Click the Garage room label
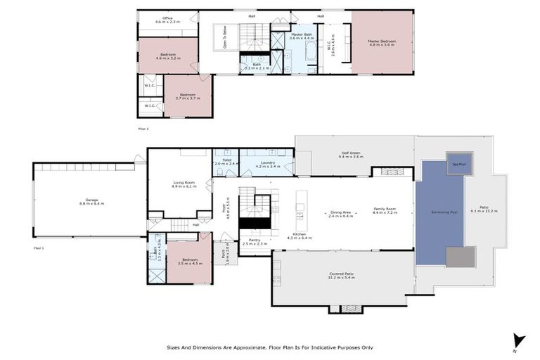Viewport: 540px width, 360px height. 92,200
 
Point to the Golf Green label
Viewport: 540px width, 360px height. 351,153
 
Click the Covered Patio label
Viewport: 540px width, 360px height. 341,274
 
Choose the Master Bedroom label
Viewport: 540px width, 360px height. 382,41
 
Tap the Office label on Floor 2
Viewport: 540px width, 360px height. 167,18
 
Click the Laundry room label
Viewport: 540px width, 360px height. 267,163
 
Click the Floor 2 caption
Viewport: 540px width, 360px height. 143,129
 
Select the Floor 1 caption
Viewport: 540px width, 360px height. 39,248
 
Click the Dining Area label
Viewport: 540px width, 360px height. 341,212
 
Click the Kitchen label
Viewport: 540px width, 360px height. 299,235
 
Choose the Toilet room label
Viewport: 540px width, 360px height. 226,160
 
